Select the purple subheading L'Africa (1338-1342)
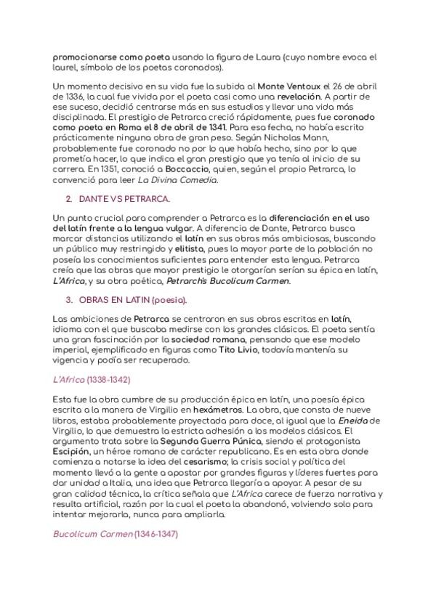92,379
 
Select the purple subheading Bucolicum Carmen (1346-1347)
116,534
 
